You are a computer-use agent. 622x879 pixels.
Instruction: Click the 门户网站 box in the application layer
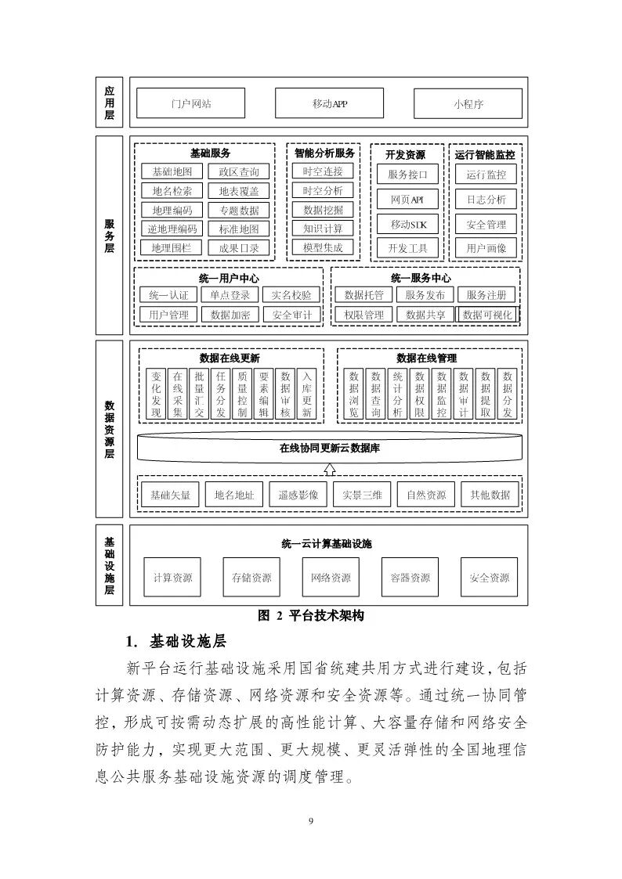tap(190, 103)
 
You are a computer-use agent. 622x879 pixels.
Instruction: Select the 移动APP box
tap(329, 103)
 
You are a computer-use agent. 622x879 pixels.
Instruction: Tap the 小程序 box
tap(468, 103)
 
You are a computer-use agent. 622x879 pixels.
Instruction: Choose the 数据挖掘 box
tap(323, 209)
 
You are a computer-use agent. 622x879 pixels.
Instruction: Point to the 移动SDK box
tap(407, 225)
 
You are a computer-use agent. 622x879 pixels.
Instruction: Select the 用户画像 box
tap(486, 248)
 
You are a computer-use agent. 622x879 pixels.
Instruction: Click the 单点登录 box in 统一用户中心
tap(230, 295)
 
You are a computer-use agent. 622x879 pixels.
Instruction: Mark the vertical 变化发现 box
tap(155, 394)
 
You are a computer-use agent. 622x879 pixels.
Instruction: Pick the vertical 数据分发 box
tap(508, 394)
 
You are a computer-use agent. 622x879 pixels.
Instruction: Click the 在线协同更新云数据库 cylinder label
tap(330, 449)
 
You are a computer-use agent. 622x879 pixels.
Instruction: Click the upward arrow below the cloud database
tap(330, 469)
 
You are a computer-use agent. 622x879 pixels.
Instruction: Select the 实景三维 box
tap(362, 495)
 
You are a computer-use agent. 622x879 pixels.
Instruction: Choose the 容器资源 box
tap(410, 578)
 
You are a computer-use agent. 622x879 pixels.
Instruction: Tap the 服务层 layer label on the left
tap(110, 236)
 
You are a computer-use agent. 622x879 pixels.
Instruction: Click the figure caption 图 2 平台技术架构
tap(311, 616)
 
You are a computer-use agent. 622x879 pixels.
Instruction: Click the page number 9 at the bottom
tap(311, 820)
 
